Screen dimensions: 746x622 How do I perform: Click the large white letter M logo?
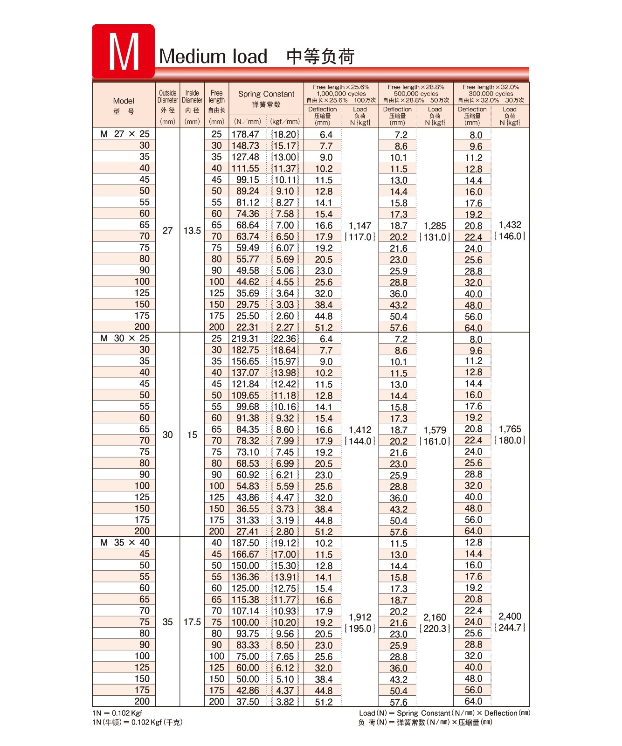tap(124, 52)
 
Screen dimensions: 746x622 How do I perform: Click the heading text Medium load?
tap(213, 56)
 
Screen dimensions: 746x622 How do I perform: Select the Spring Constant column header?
tap(266, 94)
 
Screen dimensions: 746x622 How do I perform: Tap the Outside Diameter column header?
tap(167, 97)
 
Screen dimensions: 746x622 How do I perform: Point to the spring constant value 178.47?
tap(245, 134)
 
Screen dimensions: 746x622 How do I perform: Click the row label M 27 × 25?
tap(124, 134)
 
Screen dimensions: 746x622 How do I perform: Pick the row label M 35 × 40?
tap(124, 542)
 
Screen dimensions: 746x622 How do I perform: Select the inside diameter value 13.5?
tap(192, 230)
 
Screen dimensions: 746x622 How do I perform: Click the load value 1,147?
tap(360, 226)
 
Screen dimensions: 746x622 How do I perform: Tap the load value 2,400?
tap(510, 616)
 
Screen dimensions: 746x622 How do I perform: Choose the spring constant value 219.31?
tap(245, 338)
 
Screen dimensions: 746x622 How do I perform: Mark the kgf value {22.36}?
tap(284, 338)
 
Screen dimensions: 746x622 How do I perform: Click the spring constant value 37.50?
tap(248, 702)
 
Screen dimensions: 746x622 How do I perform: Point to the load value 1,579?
tap(435, 430)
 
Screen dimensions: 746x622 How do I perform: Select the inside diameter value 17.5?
tap(192, 622)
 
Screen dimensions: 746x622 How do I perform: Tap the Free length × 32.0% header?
tap(491, 87)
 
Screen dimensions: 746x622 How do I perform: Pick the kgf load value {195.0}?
tap(360, 629)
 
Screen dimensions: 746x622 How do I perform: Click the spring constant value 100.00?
tap(246, 622)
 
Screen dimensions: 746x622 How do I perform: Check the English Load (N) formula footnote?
tap(444, 713)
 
